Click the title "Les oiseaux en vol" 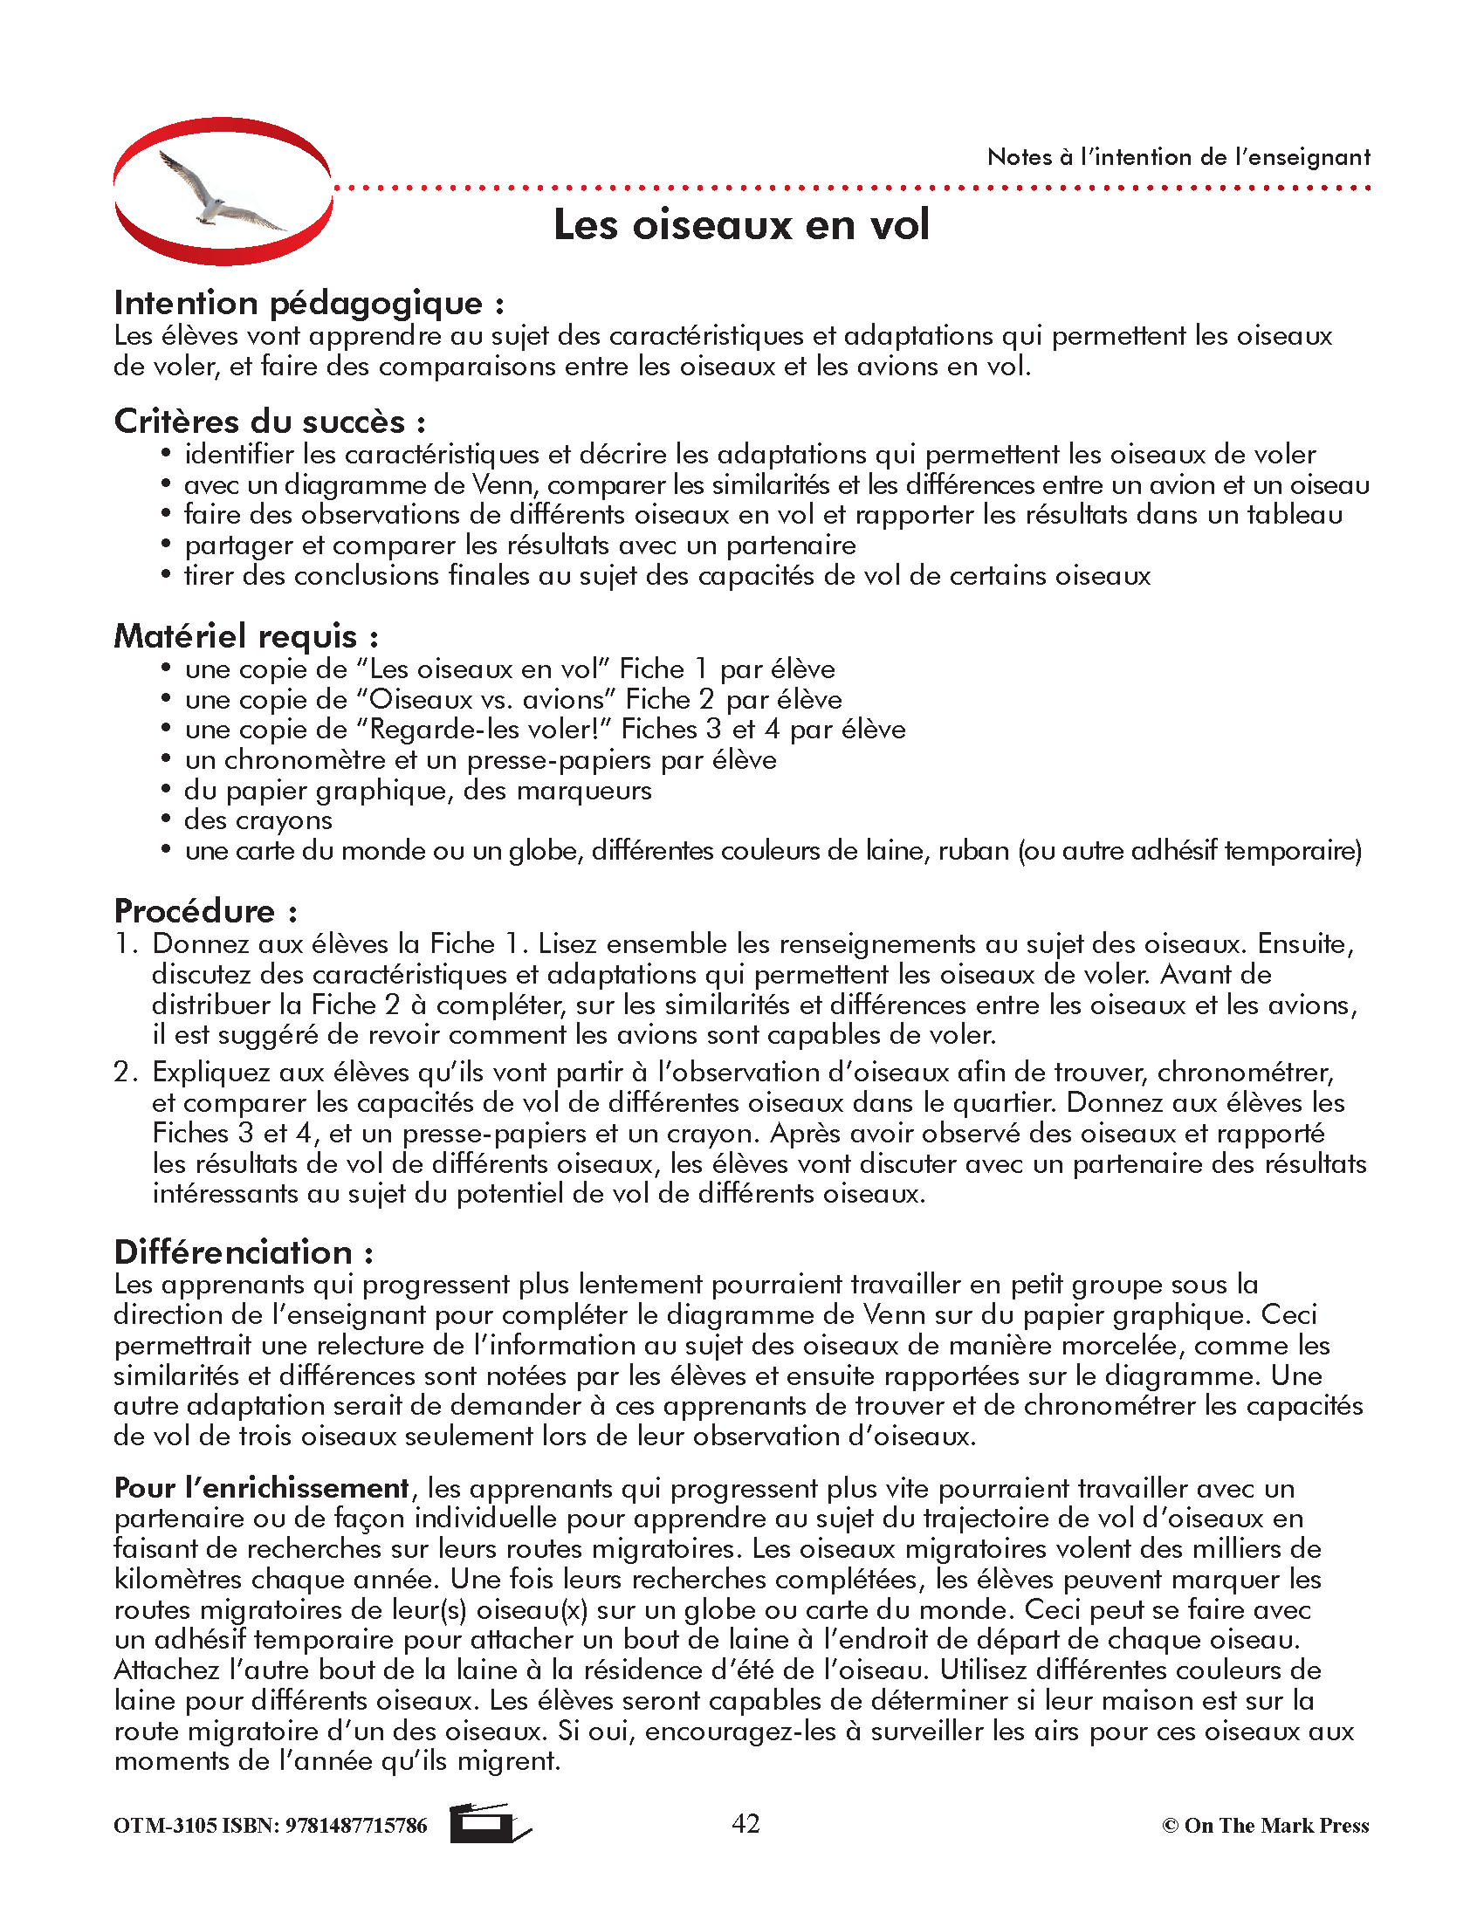point(740,224)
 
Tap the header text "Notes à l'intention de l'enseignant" point(1178,157)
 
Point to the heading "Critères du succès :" point(270,422)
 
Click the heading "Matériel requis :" point(246,636)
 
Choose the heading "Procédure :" point(206,912)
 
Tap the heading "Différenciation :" point(244,1251)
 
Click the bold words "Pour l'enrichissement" point(262,1488)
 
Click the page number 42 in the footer point(745,1824)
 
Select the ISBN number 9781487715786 point(356,1826)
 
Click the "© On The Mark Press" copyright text point(1265,1826)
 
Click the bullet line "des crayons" point(258,820)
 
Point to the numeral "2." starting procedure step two point(126,1073)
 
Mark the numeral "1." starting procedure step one point(126,944)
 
